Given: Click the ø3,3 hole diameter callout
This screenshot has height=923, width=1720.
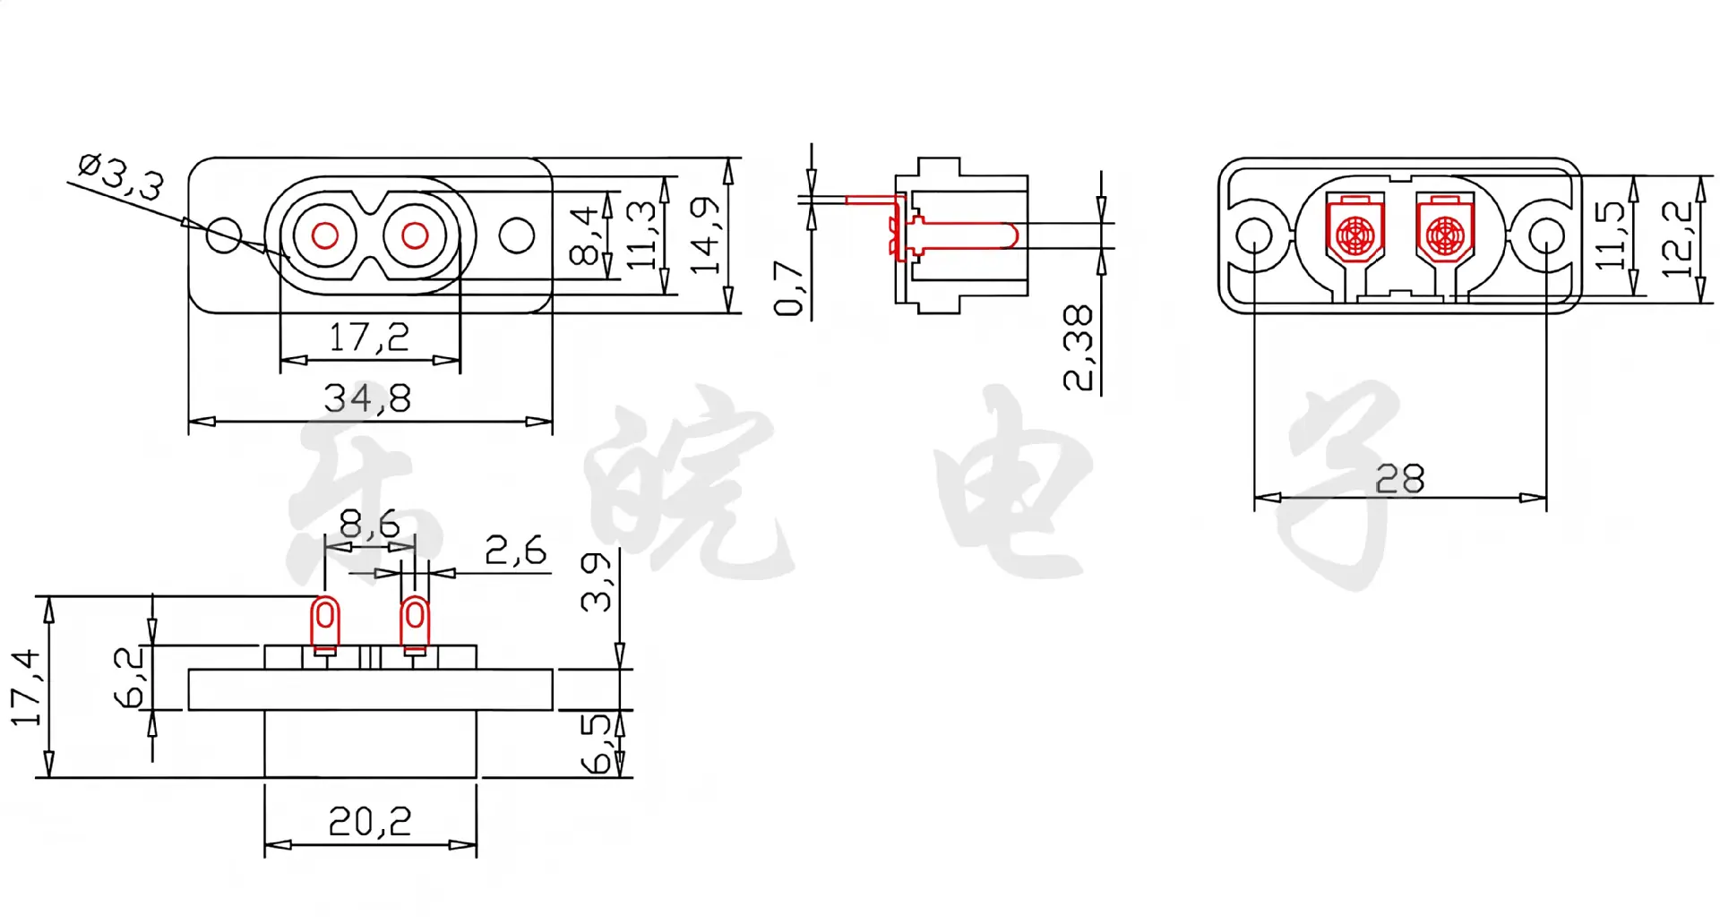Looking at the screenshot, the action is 121,177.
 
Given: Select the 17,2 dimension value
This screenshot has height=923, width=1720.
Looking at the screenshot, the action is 369,338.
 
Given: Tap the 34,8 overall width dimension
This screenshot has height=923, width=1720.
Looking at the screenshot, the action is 367,398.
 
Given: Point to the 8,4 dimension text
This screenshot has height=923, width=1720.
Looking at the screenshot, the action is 583,235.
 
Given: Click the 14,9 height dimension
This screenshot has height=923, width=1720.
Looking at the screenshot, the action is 704,235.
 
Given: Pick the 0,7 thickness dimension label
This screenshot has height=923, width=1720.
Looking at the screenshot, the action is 788,288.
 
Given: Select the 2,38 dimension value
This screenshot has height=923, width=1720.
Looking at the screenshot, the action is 1078,348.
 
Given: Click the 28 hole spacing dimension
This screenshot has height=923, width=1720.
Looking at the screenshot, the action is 1399,480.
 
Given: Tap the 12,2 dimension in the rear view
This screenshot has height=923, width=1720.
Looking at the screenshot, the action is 1677,239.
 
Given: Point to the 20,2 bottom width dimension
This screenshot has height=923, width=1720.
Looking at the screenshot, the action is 370,822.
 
